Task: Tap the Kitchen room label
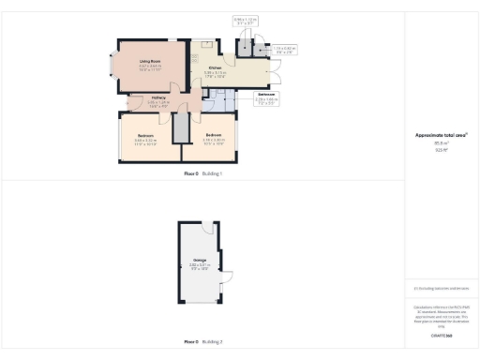215,68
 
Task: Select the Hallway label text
159,97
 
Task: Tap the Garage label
200,262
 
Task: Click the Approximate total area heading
441,134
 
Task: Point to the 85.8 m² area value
441,142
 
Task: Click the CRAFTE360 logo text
441,334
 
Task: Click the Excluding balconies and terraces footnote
441,289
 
